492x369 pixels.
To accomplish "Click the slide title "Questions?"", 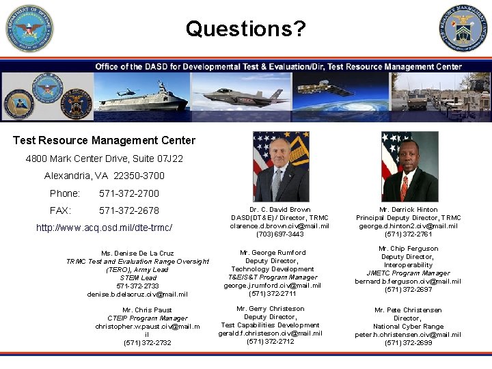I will [x=245, y=29].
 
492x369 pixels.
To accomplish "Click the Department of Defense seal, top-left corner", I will [x=29, y=28].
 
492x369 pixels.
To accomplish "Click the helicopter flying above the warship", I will [x=128, y=92].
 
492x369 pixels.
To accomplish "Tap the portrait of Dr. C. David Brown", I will [x=280, y=166].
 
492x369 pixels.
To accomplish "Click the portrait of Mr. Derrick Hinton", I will [x=409, y=166].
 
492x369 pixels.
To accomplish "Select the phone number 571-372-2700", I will [x=128, y=193].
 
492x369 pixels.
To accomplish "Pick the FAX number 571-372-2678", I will [x=128, y=210].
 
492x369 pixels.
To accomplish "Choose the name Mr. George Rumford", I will [x=271, y=253].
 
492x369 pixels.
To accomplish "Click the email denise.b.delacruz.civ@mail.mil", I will [x=137, y=294].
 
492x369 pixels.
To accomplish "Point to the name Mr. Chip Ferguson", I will [x=408, y=249].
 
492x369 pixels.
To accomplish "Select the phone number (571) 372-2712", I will [x=271, y=341].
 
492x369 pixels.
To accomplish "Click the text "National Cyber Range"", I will [x=408, y=327].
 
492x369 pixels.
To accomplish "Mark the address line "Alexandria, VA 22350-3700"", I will [x=104, y=176].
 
